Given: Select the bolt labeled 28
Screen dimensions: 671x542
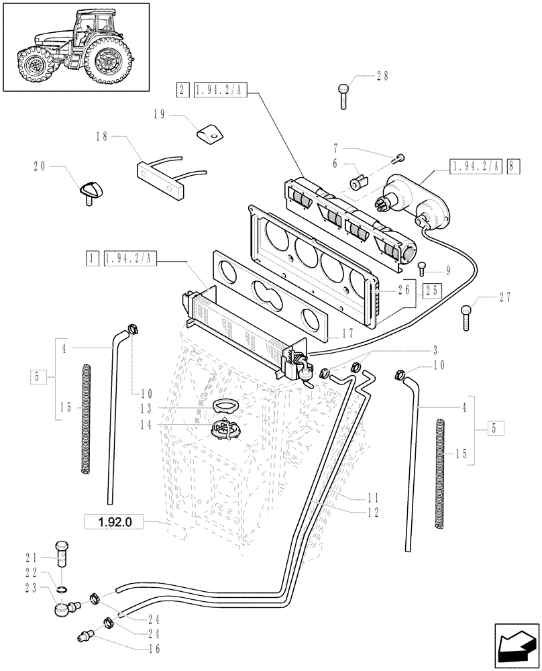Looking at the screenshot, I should [343, 95].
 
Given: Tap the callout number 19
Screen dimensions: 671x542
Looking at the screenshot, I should [159, 115].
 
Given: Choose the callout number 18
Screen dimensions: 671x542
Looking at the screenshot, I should [101, 136].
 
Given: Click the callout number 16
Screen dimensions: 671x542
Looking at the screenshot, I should [154, 649].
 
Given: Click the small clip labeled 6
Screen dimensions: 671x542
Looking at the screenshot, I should [357, 181].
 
